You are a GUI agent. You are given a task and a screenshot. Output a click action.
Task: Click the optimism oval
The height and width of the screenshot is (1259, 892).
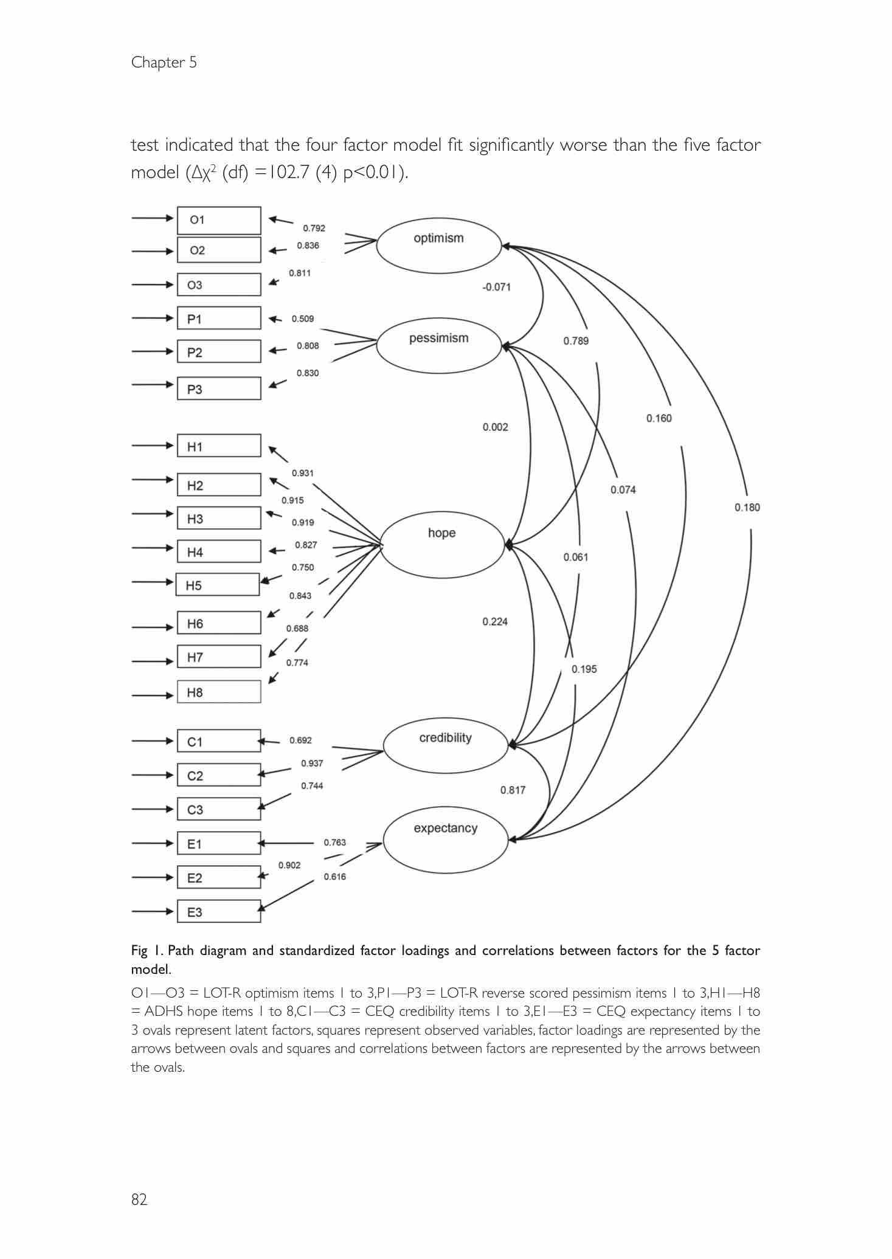pyautogui.click(x=438, y=245)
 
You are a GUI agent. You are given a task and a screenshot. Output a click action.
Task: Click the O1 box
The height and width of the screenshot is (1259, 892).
pyautogui.click(x=219, y=220)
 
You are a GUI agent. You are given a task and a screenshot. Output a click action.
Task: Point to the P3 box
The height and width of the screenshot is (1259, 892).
pyautogui.click(x=219, y=388)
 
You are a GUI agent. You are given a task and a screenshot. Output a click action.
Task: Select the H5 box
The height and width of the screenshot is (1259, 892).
pyautogui.click(x=218, y=585)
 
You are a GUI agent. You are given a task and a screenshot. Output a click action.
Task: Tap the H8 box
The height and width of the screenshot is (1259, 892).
pyautogui.click(x=219, y=692)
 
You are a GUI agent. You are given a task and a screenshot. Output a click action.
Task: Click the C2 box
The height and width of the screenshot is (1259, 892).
pyautogui.click(x=219, y=775)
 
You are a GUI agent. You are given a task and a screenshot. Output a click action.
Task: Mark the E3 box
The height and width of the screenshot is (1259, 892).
pyautogui.click(x=219, y=911)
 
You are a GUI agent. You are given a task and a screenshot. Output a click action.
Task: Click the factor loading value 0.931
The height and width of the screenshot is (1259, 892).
pyautogui.click(x=302, y=473)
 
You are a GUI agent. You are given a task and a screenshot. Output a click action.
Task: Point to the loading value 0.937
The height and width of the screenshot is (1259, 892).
pyautogui.click(x=312, y=763)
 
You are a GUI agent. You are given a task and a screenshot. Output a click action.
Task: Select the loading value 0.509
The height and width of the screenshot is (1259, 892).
pyautogui.click(x=302, y=319)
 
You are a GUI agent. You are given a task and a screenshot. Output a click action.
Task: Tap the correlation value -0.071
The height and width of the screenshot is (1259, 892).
pyautogui.click(x=496, y=287)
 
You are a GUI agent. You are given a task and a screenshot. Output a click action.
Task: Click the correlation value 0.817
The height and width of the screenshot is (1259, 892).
pyautogui.click(x=513, y=790)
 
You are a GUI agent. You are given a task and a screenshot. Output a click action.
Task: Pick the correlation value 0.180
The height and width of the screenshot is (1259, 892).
pyautogui.click(x=747, y=507)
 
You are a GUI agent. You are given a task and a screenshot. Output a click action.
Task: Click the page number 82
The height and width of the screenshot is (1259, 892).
pyautogui.click(x=139, y=1199)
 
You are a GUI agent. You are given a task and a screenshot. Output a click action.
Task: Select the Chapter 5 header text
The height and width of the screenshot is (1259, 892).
pyautogui.click(x=164, y=62)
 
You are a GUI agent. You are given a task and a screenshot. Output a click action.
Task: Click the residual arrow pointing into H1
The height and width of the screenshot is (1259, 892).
pyautogui.click(x=153, y=446)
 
